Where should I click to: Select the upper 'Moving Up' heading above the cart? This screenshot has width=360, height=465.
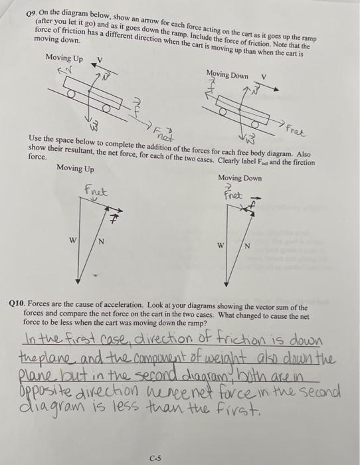tap(64, 58)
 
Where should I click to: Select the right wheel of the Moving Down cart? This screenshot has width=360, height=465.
tap(254, 123)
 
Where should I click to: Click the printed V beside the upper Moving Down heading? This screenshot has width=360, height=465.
tap(264, 75)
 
